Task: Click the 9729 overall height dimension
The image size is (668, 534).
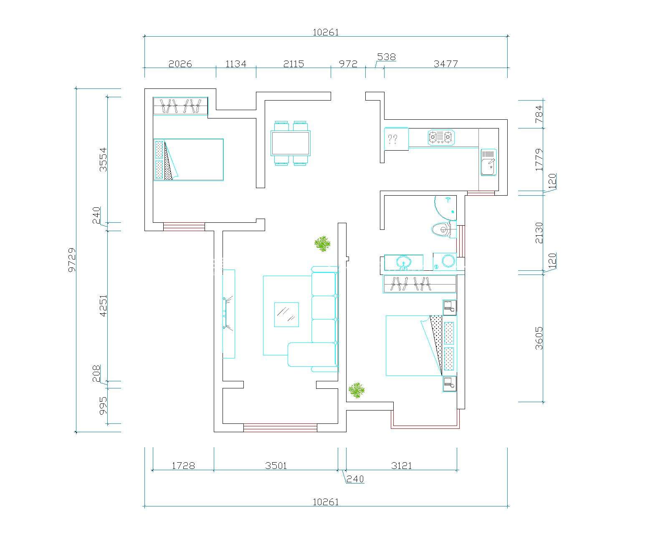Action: (72, 260)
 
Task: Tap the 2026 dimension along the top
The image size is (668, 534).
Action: (180, 64)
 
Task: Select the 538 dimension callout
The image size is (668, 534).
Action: (386, 57)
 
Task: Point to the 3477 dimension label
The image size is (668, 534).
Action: (445, 64)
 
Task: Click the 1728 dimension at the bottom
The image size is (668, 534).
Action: (183, 466)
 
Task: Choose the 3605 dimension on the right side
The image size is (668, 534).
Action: (539, 338)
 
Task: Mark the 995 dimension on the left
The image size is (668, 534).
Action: (103, 406)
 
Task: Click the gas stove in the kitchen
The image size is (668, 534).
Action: (441, 137)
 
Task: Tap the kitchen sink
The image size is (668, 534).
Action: (489, 162)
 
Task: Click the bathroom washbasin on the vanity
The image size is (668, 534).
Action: (404, 263)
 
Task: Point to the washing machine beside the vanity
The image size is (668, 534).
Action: (445, 262)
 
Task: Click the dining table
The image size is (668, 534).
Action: (290, 143)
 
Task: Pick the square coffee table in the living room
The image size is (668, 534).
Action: (286, 315)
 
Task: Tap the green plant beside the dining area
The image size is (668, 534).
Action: (322, 244)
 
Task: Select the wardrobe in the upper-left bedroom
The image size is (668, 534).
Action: (180, 106)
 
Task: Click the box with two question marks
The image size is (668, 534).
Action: (396, 139)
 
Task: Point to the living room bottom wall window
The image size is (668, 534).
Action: (280, 428)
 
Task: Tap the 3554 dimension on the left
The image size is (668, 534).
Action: (103, 159)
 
